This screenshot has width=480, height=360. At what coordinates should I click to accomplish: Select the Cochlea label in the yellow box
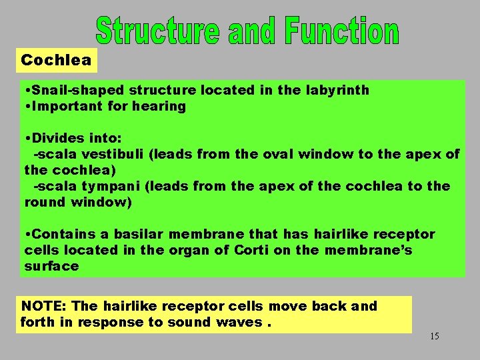(57, 60)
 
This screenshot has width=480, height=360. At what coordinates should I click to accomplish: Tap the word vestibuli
(110, 154)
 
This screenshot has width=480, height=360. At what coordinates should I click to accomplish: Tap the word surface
(51, 266)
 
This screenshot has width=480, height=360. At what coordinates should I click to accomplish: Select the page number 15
(434, 336)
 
